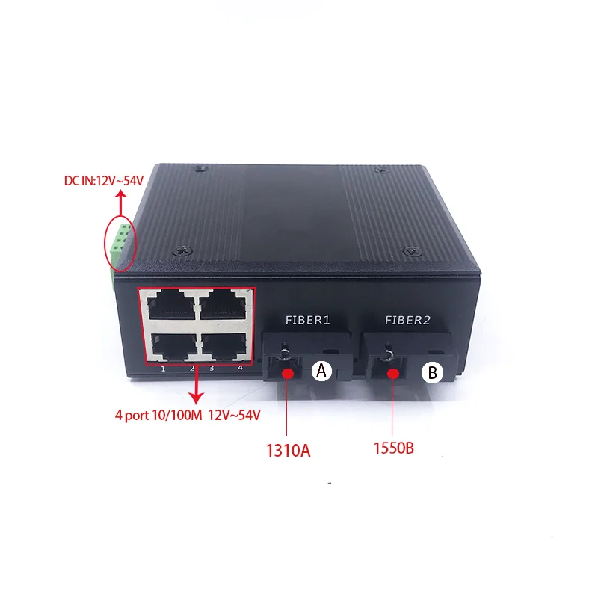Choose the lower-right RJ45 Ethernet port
pos(225,343)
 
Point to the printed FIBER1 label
pos(307,320)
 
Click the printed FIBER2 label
pos(407,320)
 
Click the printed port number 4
pos(240,367)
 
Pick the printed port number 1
pos(162,368)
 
